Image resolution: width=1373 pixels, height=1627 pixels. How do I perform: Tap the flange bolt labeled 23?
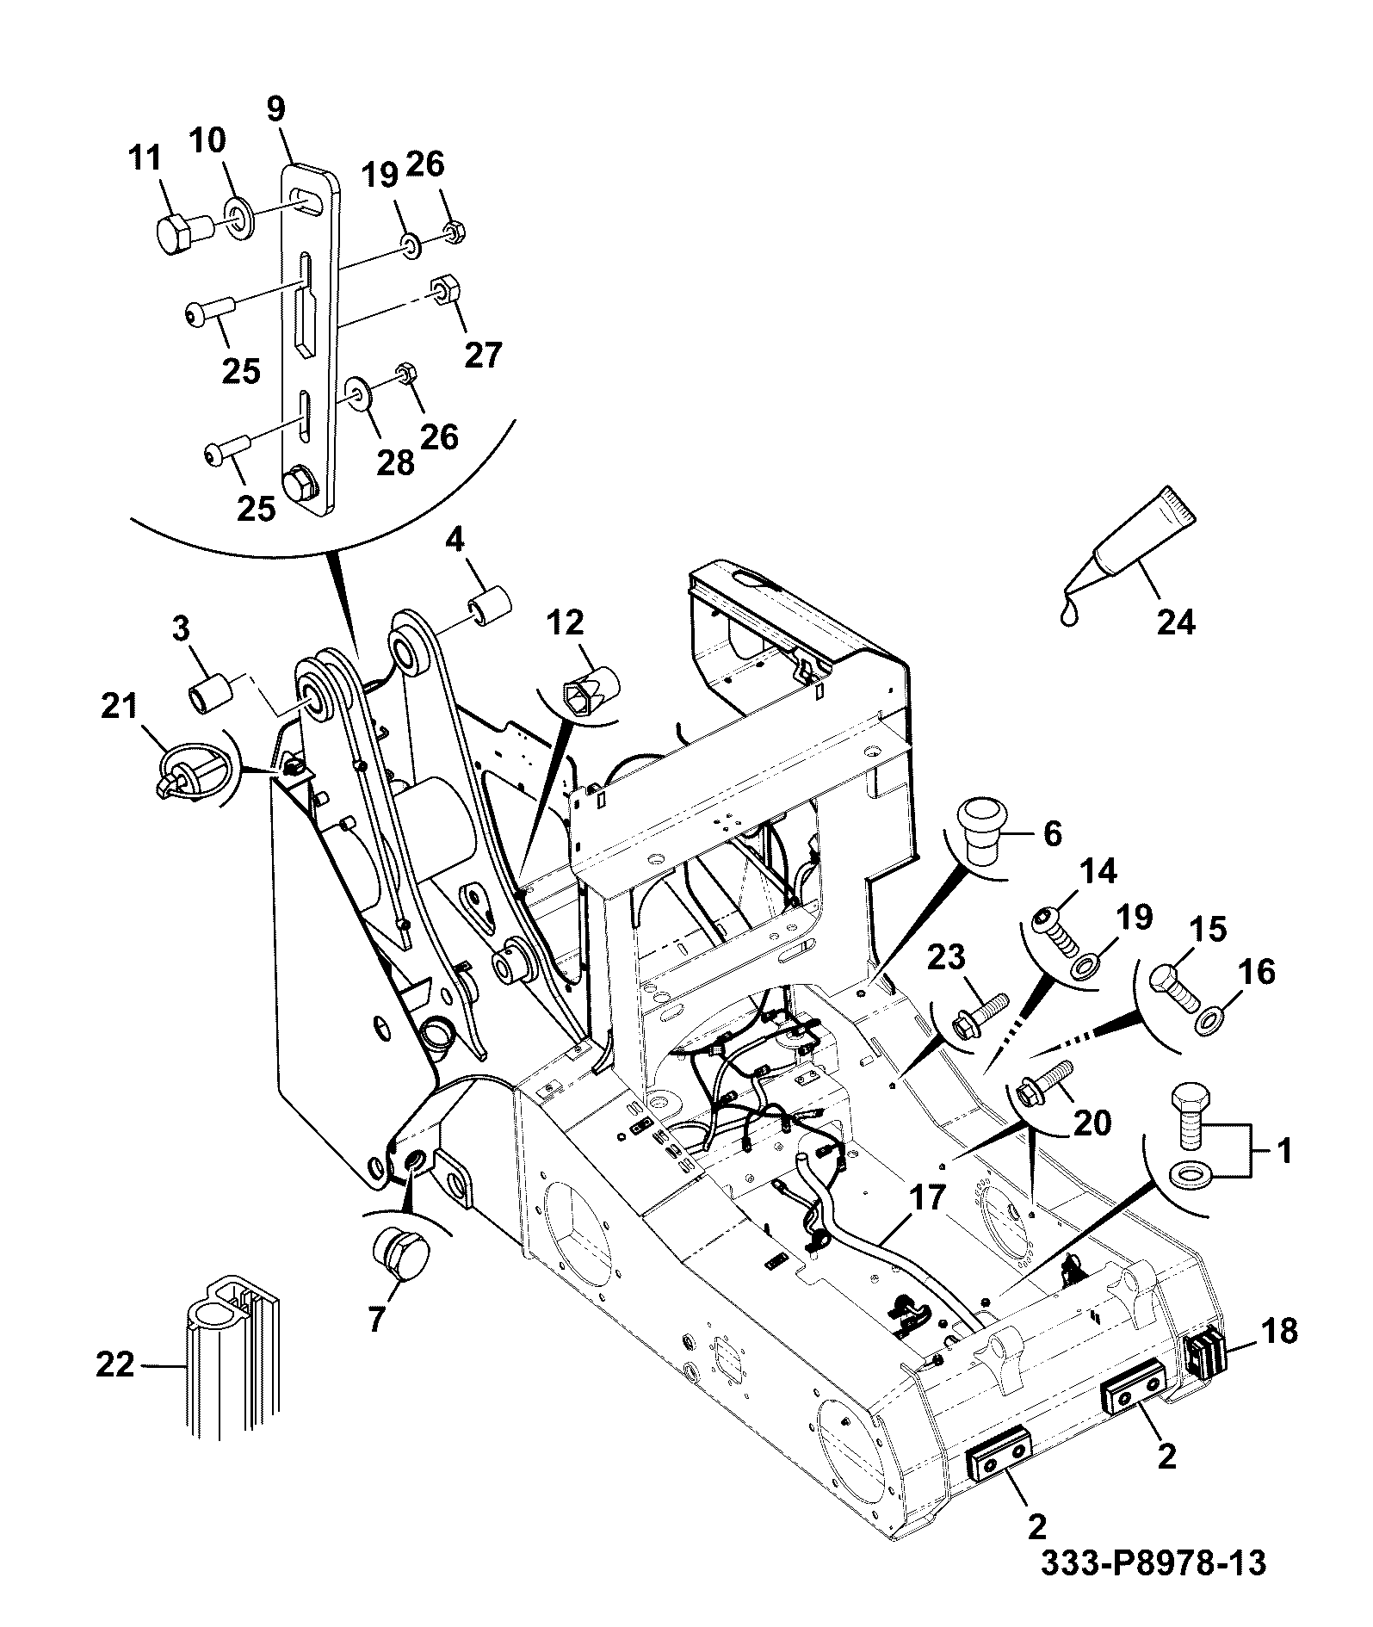[x=979, y=1015]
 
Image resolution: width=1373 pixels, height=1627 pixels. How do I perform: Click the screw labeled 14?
[x=1055, y=931]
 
